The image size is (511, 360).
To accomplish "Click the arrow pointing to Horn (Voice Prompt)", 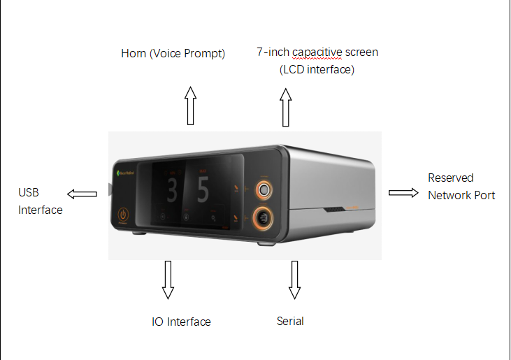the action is pos(191,106).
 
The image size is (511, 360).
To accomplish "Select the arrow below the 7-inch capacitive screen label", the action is pos(286,107).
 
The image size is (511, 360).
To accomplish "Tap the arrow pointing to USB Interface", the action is pos(82,194).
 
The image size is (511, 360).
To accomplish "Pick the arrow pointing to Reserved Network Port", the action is pos(403,193).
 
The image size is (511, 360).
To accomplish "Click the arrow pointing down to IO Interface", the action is pos(168,280).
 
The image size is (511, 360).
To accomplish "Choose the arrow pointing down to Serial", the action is pos(294,280).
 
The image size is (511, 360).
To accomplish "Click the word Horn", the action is pos(134,53).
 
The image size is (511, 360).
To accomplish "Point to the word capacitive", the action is pos(317,52).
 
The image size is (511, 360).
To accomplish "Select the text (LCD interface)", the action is pos(317,69).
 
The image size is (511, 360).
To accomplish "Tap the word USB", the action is pos(29,192).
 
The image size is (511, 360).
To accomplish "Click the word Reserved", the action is pos(451,178).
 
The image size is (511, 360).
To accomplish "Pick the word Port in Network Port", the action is pos(484,196).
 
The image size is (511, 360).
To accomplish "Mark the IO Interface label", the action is pos(181,322).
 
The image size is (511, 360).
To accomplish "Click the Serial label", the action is pos(290,322).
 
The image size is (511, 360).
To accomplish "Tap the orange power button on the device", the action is pos(123,215).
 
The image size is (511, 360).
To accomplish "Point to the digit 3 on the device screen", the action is pos(172,190).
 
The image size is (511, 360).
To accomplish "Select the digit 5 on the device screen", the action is pos(203,190).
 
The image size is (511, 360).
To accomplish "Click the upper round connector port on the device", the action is pos(264,190).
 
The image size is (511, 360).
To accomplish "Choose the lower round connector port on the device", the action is pos(263,217).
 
